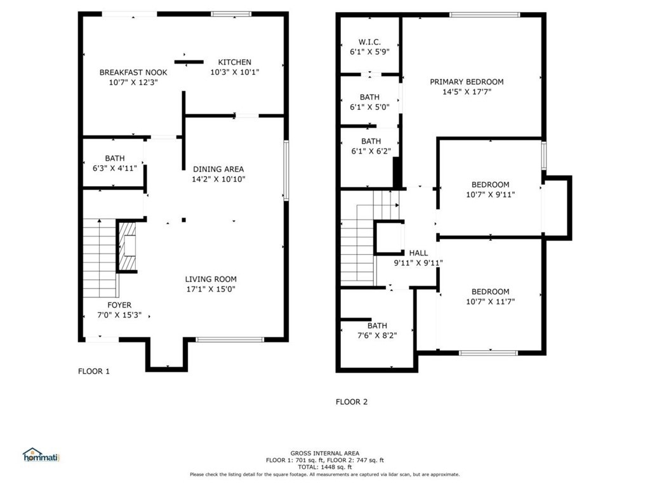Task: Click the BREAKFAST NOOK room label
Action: pyautogui.click(x=133, y=72)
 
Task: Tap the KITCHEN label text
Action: pyautogui.click(x=235, y=62)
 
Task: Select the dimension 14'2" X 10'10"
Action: pyautogui.click(x=218, y=179)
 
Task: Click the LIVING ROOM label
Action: pyautogui.click(x=211, y=280)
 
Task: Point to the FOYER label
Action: pyautogui.click(x=119, y=305)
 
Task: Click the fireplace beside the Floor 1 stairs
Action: pyautogui.click(x=128, y=247)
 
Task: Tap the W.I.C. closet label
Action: pyautogui.click(x=370, y=42)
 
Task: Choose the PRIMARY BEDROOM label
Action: pyautogui.click(x=467, y=82)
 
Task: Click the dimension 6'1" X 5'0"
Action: pyautogui.click(x=370, y=107)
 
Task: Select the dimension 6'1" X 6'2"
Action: pyautogui.click(x=371, y=151)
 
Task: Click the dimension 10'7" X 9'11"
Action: pyautogui.click(x=491, y=194)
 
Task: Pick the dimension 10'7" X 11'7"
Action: pyautogui.click(x=491, y=302)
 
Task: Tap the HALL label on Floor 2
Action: pyautogui.click(x=418, y=253)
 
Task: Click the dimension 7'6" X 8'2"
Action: pyautogui.click(x=377, y=335)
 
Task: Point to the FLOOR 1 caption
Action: pyautogui.click(x=94, y=371)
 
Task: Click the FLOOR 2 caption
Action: pyautogui.click(x=352, y=402)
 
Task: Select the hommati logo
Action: pyautogui.click(x=41, y=455)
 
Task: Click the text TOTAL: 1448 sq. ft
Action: pyautogui.click(x=325, y=467)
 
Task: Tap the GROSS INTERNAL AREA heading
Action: pyautogui.click(x=325, y=453)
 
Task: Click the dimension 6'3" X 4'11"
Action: pyautogui.click(x=115, y=168)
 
